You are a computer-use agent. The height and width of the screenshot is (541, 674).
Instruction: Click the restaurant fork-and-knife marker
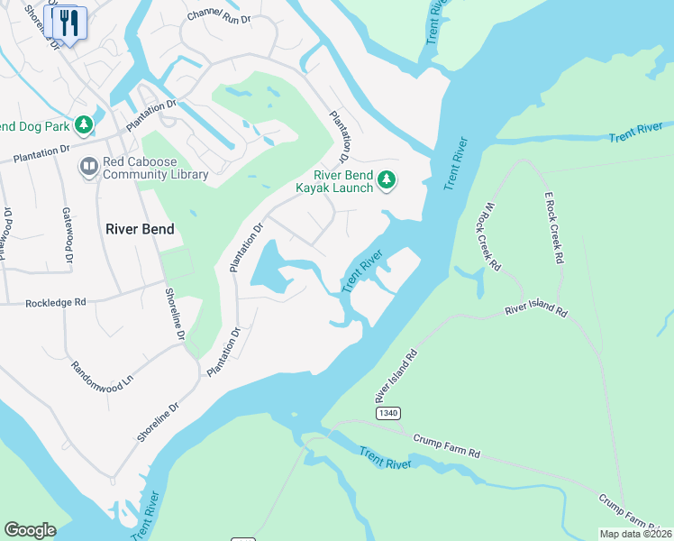pos(69,23)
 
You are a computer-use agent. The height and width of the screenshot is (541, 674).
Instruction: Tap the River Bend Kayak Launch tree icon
pos(387,180)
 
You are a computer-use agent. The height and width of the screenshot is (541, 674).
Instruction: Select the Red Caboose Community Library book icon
pos(88,167)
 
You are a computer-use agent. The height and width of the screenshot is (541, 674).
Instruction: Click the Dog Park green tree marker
pos(84,124)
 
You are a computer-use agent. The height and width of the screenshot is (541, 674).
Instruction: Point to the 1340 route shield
pos(387,412)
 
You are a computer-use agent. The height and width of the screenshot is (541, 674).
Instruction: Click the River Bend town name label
pos(140,229)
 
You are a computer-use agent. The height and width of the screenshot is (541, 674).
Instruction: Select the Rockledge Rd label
pos(55,304)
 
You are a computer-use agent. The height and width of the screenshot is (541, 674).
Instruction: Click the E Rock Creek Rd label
pos(552,227)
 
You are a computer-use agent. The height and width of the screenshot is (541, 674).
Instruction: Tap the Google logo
pos(30,530)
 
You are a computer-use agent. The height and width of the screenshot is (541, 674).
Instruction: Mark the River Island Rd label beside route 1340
pos(396,377)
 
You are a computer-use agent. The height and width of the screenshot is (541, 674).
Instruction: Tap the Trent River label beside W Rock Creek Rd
pos(457,163)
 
